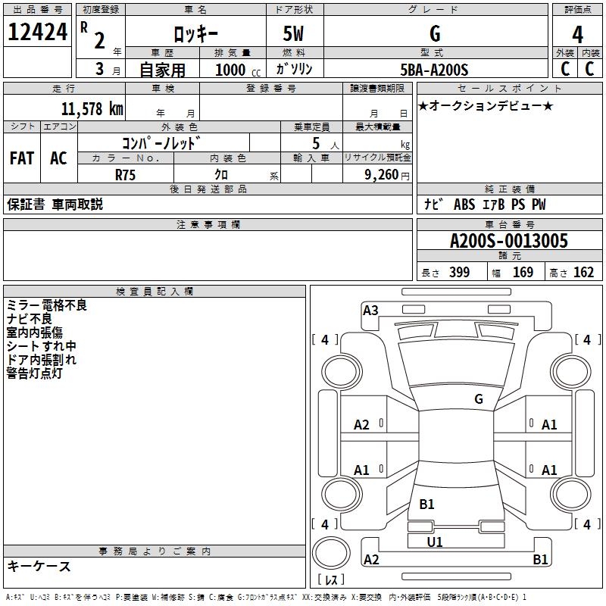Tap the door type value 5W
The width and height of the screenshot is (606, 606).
(295, 33)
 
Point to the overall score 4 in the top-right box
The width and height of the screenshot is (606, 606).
(578, 34)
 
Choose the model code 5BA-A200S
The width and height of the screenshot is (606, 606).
(434, 70)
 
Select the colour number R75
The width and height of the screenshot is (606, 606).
(126, 175)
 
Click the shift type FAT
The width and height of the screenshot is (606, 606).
(22, 158)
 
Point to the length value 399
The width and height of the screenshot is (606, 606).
(459, 273)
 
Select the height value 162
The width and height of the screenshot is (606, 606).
(583, 273)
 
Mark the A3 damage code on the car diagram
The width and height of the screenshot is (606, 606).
(370, 310)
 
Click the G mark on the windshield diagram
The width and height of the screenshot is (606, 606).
(478, 398)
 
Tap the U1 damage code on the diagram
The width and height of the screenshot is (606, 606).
(435, 542)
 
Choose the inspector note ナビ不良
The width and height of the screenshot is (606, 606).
(29, 319)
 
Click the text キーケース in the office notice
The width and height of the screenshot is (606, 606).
(39, 567)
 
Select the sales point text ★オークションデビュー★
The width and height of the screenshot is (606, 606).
(486, 105)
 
